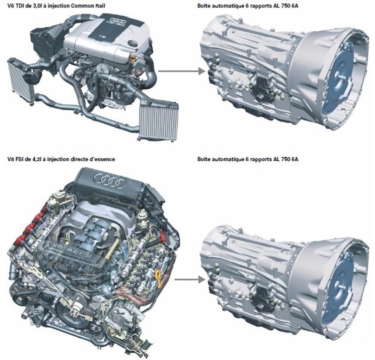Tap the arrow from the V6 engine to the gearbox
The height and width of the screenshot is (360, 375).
(x=182, y=71)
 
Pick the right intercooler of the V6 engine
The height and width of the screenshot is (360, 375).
(x=158, y=121)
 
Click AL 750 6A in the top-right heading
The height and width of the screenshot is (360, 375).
(x=285, y=5)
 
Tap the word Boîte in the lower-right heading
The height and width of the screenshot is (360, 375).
(x=204, y=159)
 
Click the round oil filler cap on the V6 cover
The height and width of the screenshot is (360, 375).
(x=133, y=43)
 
